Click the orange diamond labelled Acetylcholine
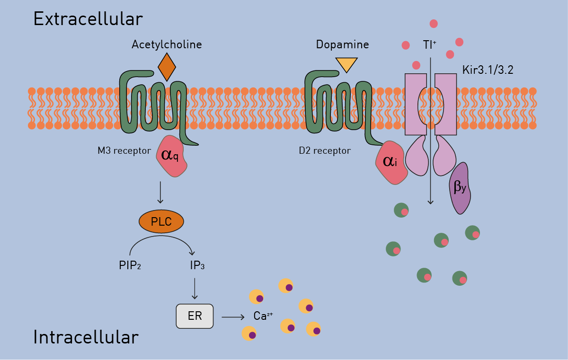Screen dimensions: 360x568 click(x=167, y=67)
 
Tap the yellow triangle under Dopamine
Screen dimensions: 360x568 click(x=346, y=64)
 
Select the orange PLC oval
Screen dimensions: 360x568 click(x=161, y=221)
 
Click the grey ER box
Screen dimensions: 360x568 click(x=195, y=316)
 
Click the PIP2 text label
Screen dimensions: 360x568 click(x=130, y=265)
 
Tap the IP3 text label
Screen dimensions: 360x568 click(x=197, y=265)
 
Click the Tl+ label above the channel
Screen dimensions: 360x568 click(x=429, y=45)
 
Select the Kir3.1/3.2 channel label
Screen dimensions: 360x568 click(x=488, y=70)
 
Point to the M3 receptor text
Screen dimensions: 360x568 click(x=124, y=151)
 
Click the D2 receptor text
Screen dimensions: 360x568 click(x=325, y=151)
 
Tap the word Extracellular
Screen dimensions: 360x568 click(x=88, y=19)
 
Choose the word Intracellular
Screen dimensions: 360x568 click(x=86, y=337)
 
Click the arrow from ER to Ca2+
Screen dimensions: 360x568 click(x=233, y=316)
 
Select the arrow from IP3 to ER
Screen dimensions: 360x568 click(x=195, y=288)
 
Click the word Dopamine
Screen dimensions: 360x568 click(x=342, y=45)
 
